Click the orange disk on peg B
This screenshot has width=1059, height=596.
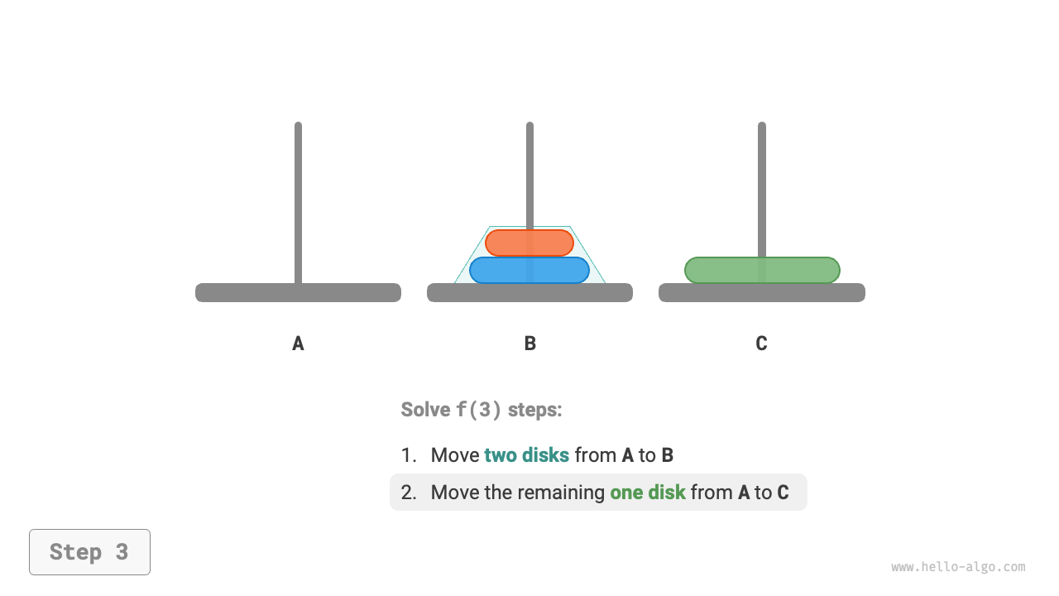(x=529, y=243)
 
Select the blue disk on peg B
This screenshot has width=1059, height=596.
(x=529, y=270)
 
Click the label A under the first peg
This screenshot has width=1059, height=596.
(x=298, y=344)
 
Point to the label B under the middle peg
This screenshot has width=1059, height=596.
(x=530, y=344)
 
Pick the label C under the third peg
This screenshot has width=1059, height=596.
(x=761, y=344)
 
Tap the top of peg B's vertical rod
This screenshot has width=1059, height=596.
(x=529, y=129)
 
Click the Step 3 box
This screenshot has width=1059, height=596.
(x=89, y=552)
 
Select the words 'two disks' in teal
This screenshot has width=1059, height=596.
(x=526, y=455)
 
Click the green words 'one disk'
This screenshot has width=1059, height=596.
(x=648, y=493)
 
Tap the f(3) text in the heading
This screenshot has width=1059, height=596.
(x=479, y=410)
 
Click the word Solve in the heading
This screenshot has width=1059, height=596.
(x=425, y=410)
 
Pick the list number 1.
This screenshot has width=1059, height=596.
(x=408, y=455)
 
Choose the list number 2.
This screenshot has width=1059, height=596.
(x=408, y=493)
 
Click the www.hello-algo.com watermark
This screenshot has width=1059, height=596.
(x=958, y=567)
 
